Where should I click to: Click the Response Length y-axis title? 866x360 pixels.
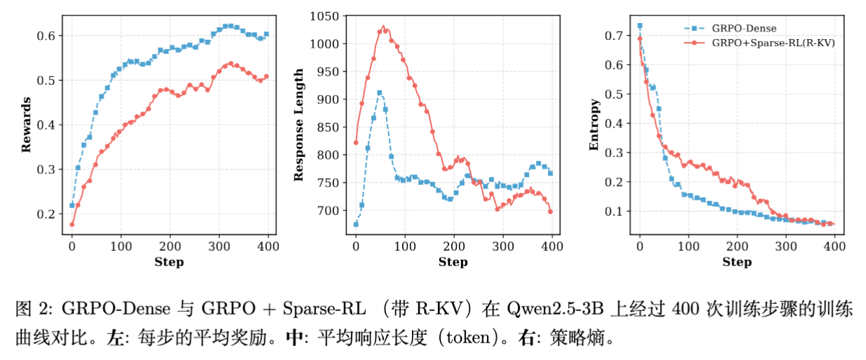[x=298, y=125]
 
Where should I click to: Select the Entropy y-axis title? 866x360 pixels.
[x=594, y=125]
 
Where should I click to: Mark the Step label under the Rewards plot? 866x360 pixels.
[x=169, y=262]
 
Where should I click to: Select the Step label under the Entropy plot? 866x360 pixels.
[x=736, y=262]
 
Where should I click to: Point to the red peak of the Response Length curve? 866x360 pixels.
[x=383, y=27]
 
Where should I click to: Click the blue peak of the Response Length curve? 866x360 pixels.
[x=380, y=92]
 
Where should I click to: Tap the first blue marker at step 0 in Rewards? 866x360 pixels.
[x=72, y=205]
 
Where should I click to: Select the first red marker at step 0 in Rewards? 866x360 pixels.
[x=72, y=224]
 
